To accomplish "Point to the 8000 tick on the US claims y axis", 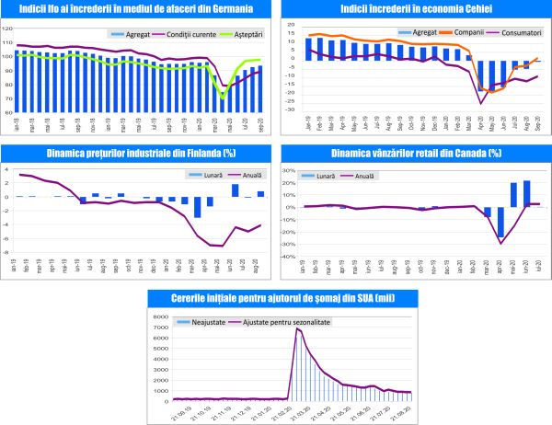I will click(157, 316).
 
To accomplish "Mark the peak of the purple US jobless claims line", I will click(296, 328).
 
